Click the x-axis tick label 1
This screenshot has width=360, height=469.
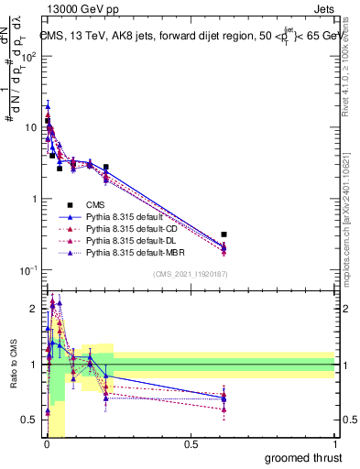pos(334,444)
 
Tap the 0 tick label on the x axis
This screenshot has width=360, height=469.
pos(46,444)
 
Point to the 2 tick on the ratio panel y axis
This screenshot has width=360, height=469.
pos(35,309)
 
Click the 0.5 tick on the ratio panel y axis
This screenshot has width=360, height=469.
pos(31,420)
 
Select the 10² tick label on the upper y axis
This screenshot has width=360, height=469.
pos(27,56)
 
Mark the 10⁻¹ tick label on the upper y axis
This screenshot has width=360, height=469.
pos(27,270)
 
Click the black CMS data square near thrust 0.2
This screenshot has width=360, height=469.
pos(105,168)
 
